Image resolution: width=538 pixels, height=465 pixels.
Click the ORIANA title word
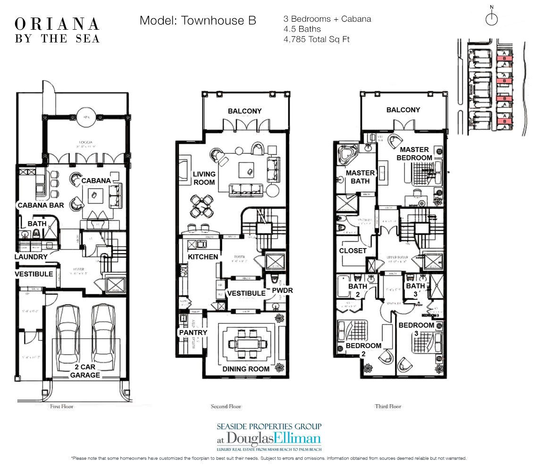pos(57,24)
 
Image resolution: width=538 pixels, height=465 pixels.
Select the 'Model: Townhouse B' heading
pos(198,21)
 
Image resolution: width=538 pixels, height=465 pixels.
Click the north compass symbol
pos(492,18)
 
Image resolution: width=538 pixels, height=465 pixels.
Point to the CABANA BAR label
pos(39,205)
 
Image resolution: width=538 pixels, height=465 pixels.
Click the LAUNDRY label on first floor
pos(31,257)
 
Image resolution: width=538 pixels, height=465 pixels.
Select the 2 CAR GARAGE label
pos(85,371)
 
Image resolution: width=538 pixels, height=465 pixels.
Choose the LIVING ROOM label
pos(204,178)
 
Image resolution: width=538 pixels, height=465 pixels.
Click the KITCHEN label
pos(203,257)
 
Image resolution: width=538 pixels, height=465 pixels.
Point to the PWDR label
pos(282,291)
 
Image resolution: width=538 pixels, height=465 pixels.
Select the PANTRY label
pos(193,332)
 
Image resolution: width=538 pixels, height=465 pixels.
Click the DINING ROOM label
pos(246,369)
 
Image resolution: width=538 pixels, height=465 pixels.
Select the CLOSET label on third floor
pos(353,250)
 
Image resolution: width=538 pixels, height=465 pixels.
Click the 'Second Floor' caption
pos(225,406)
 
